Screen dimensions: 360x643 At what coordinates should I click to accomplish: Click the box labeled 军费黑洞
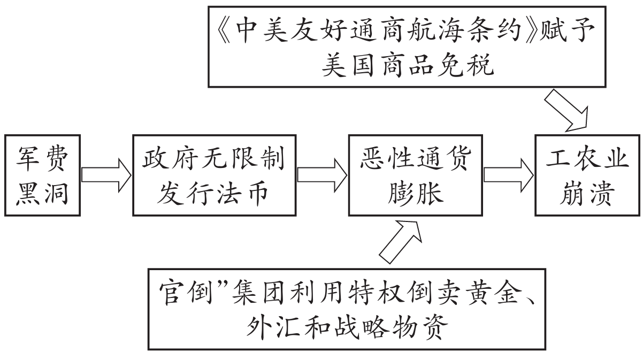41,175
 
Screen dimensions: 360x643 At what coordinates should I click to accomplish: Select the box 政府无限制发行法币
214,175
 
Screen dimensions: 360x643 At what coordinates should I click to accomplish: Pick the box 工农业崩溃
587,175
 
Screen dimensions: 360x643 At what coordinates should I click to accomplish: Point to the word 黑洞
41,194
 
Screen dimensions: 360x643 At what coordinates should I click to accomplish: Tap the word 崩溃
587,194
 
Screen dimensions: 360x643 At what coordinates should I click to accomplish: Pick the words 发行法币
214,194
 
